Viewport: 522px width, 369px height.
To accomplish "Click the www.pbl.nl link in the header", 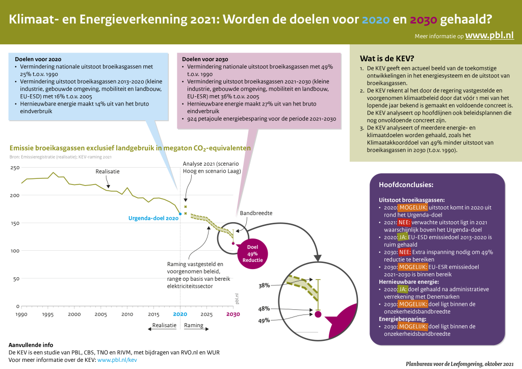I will click(x=489, y=36).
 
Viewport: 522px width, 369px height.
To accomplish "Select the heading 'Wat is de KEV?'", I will click(x=387, y=58).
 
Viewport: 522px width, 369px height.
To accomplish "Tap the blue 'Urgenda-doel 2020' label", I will click(x=153, y=218).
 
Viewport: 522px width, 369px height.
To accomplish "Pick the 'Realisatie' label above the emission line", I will click(x=108, y=172).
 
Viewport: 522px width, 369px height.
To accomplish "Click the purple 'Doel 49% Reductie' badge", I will click(x=252, y=253).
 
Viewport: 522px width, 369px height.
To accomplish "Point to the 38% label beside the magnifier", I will click(x=264, y=286).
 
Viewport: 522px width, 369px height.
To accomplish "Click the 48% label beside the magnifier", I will click(x=264, y=309).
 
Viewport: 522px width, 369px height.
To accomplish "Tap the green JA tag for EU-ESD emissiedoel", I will click(x=403, y=238).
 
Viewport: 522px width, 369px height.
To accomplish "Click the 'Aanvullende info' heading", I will click(x=31, y=345).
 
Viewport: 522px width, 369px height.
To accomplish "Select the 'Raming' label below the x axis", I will click(x=193, y=325).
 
